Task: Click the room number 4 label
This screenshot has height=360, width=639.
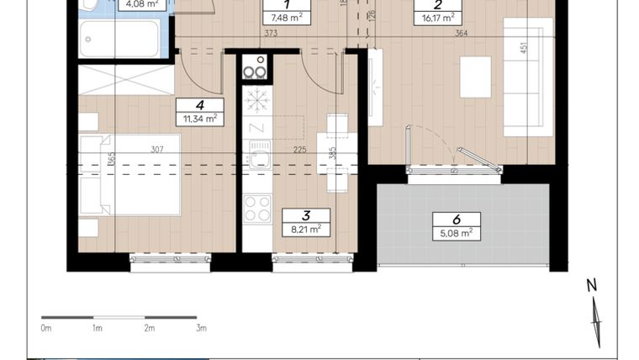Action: pyautogui.click(x=199, y=105)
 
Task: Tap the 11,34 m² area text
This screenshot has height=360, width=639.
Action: pyautogui.click(x=199, y=119)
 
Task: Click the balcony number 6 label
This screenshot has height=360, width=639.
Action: pyautogui.click(x=457, y=219)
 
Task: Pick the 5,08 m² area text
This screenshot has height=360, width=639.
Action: pyautogui.click(x=457, y=232)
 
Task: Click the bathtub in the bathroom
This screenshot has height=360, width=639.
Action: pyautogui.click(x=119, y=39)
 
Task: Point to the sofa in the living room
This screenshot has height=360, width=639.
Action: pyautogui.click(x=528, y=76)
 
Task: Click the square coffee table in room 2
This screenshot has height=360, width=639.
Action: pyautogui.click(x=475, y=77)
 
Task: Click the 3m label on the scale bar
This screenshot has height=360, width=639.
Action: pyautogui.click(x=200, y=328)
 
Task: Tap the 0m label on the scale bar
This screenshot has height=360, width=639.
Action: pyautogui.click(x=46, y=328)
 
